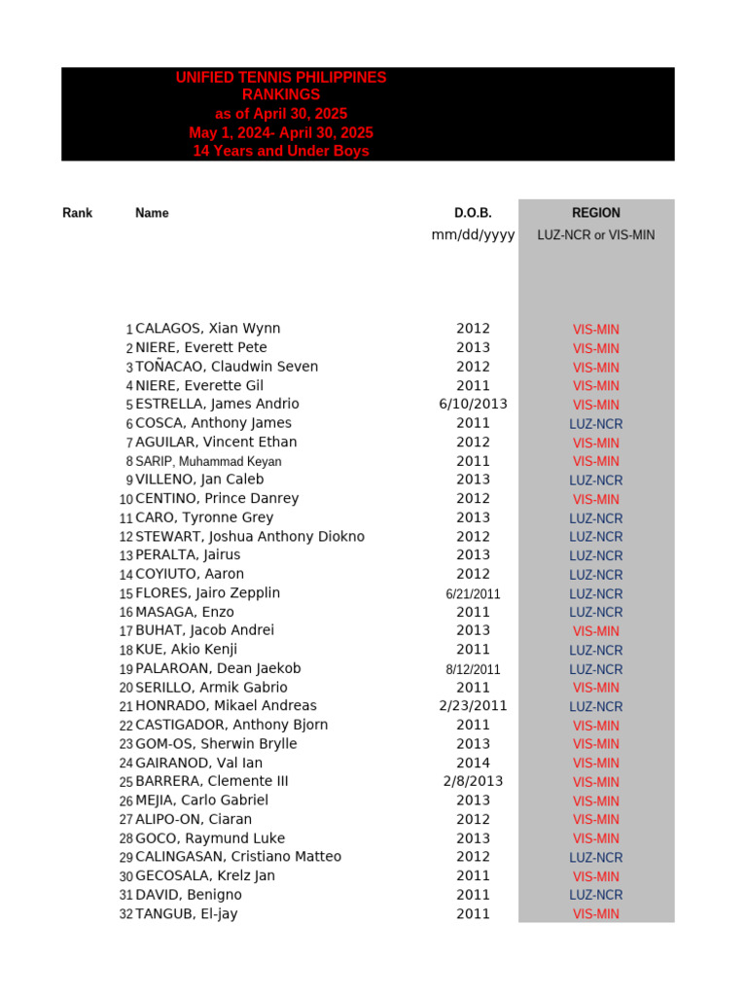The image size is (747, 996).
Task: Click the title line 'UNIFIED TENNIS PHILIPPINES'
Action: click(x=281, y=78)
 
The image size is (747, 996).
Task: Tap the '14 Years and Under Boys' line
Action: click(x=281, y=152)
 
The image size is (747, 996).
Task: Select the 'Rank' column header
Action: click(x=77, y=213)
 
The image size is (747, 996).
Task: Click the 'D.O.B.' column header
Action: click(x=473, y=213)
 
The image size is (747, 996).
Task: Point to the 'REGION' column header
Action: click(x=595, y=213)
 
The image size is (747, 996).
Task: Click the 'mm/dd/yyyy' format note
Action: click(x=473, y=235)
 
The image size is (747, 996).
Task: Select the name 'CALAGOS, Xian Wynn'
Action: click(x=208, y=329)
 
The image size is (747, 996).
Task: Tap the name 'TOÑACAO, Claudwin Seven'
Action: click(x=227, y=367)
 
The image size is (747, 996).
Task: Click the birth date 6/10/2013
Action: click(x=473, y=405)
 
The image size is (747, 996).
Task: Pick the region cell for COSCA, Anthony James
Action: click(x=595, y=424)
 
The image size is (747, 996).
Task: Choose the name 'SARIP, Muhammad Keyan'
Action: click(x=208, y=462)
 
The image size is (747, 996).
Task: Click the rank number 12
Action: click(x=126, y=537)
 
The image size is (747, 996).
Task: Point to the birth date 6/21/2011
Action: click(x=473, y=594)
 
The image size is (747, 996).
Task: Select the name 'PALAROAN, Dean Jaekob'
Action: click(x=218, y=669)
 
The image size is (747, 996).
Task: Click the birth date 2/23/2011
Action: click(x=473, y=706)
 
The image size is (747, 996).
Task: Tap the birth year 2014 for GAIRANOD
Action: click(x=473, y=764)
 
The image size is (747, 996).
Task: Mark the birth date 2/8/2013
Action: click(x=473, y=782)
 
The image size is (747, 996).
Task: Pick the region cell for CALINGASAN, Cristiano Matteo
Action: click(x=595, y=858)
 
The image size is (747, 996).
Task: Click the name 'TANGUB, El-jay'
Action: click(x=187, y=914)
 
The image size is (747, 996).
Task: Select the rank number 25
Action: click(x=126, y=782)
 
